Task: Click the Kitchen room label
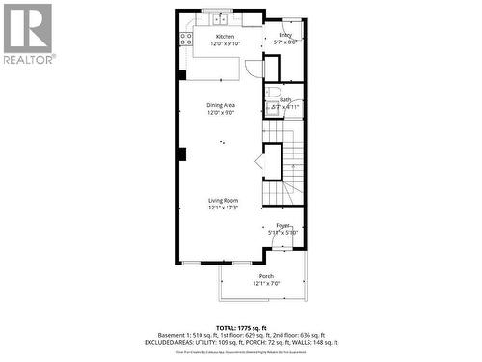225,37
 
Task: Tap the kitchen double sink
219,18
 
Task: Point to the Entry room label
285,35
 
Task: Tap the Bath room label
285,99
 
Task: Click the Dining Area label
221,105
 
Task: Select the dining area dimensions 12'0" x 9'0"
221,113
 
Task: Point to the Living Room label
223,200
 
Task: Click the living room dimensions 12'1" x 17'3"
223,208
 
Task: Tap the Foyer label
283,225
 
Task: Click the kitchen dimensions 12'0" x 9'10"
225,43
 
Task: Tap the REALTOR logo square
28,28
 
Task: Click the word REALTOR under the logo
28,58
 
